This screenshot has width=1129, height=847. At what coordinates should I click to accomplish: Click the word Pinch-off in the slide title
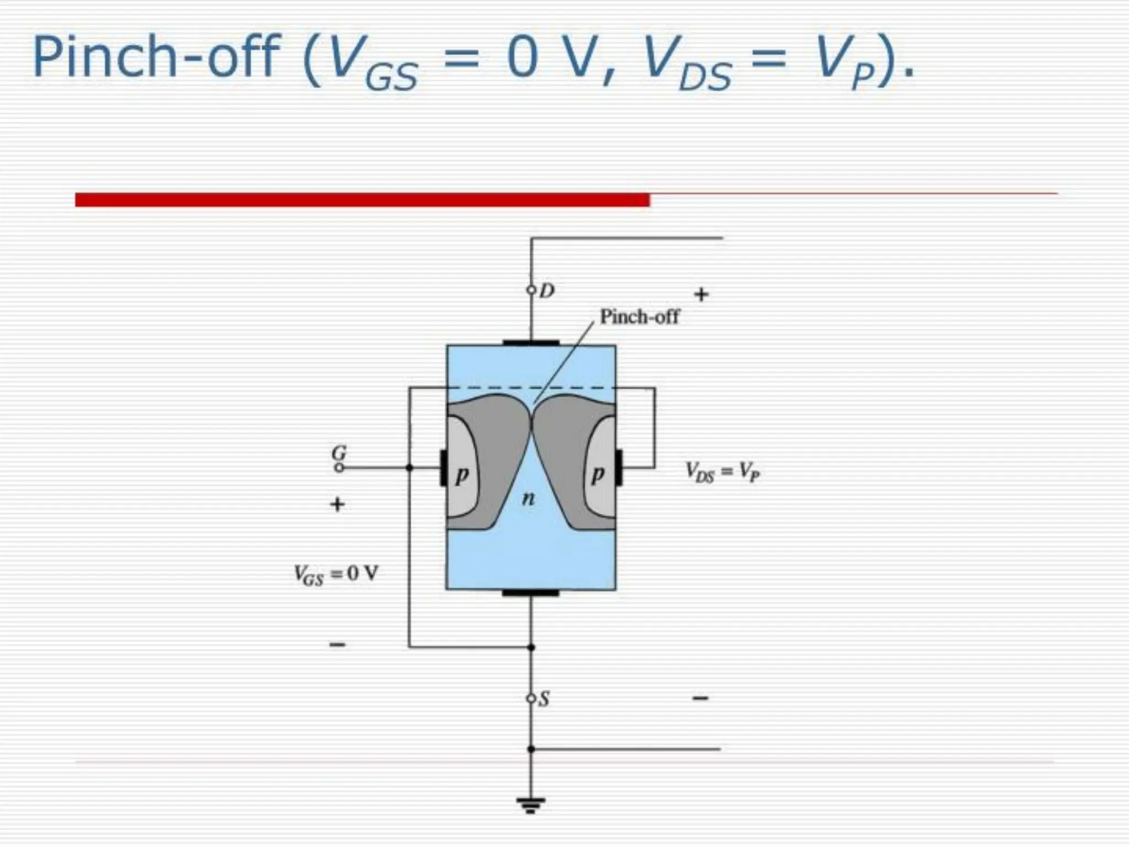157,57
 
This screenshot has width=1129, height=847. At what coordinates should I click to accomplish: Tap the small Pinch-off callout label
639,317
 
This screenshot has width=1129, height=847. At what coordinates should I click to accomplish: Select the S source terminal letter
544,699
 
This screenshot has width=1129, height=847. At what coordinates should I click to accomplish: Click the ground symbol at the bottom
531,805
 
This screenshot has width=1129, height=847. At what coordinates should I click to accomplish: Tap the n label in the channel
528,499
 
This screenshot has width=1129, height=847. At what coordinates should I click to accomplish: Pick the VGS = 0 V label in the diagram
336,575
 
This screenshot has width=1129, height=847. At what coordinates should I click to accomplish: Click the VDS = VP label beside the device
723,472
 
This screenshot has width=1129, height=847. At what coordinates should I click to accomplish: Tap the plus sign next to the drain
701,294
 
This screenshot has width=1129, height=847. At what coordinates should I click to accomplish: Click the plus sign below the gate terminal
337,504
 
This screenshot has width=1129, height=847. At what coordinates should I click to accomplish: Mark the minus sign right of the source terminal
700,699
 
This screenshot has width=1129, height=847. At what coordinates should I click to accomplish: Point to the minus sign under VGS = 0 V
337,644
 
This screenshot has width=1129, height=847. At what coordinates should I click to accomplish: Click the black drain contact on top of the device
531,343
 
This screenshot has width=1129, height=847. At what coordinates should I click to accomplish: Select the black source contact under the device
531,593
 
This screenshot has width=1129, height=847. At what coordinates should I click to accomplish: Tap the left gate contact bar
443,468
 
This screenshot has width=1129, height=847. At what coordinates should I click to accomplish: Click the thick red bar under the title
362,200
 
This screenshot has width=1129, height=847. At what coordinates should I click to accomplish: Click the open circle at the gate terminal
340,468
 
